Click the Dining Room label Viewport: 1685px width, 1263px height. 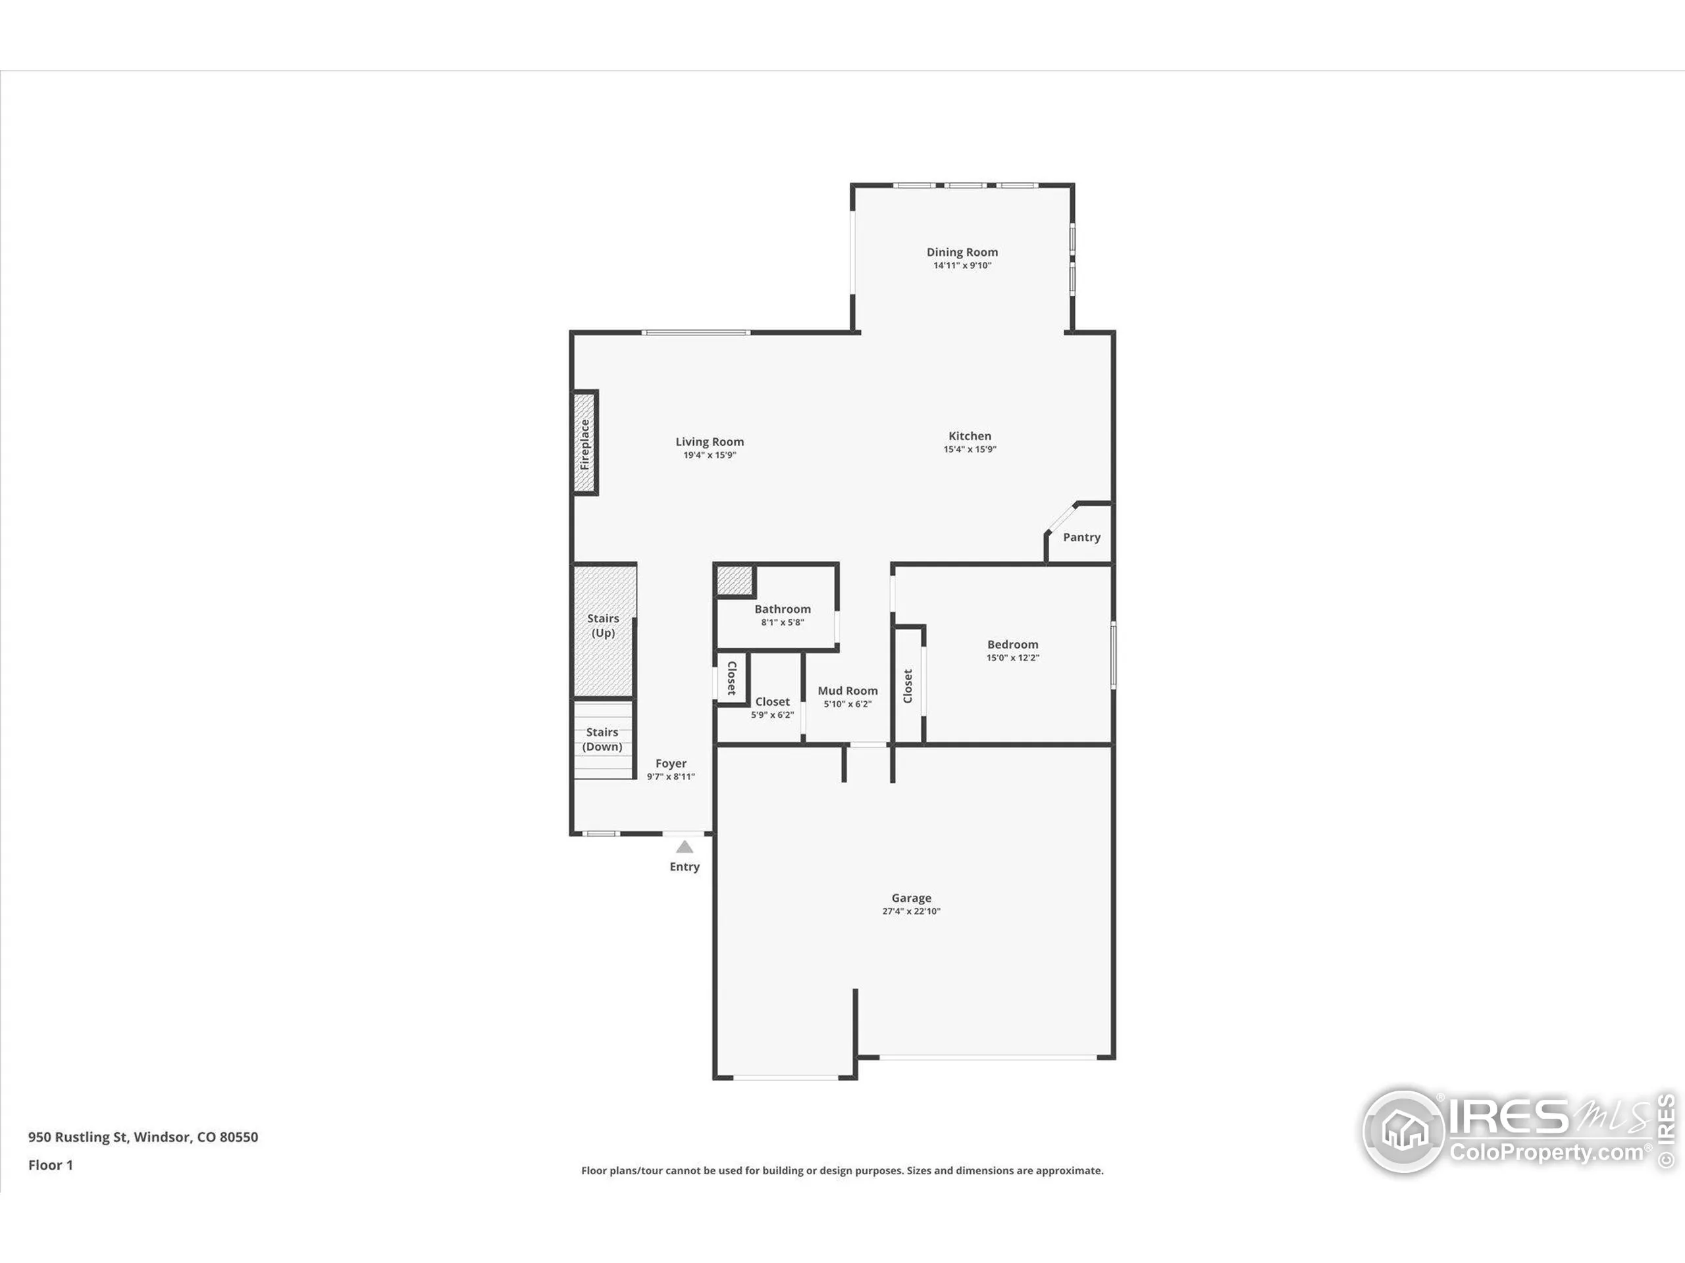(962, 252)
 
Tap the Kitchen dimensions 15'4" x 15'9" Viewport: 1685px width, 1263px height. (970, 449)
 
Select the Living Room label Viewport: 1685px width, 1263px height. (709, 441)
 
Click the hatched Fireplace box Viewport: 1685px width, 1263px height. (585, 443)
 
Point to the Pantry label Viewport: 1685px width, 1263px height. (1081, 537)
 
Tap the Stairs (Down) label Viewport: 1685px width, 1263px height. (602, 739)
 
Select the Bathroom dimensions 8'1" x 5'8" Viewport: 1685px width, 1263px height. (783, 622)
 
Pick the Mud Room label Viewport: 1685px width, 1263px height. (847, 691)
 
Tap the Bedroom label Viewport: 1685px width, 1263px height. (1012, 644)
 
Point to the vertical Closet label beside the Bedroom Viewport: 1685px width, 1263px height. (907, 686)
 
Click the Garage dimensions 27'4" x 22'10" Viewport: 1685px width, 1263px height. (911, 911)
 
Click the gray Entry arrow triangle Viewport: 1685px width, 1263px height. (684, 847)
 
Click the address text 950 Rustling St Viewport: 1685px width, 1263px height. (143, 1137)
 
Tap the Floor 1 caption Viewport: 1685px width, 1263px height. (50, 1165)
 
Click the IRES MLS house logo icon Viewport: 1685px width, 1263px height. (1403, 1132)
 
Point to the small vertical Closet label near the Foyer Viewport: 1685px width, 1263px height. (731, 678)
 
